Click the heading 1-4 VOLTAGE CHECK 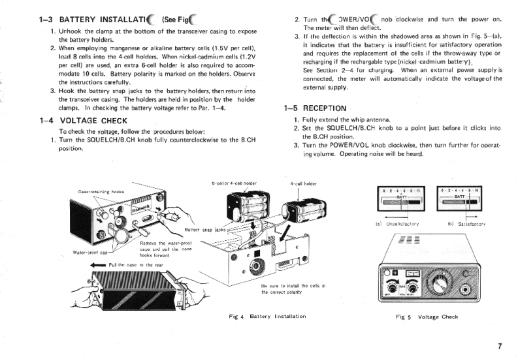coord(83,120)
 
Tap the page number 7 coord(500,346)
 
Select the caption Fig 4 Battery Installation coord(268,316)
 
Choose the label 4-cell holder coord(303,184)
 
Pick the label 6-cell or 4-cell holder coord(234,183)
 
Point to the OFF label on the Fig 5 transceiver coord(391,294)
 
